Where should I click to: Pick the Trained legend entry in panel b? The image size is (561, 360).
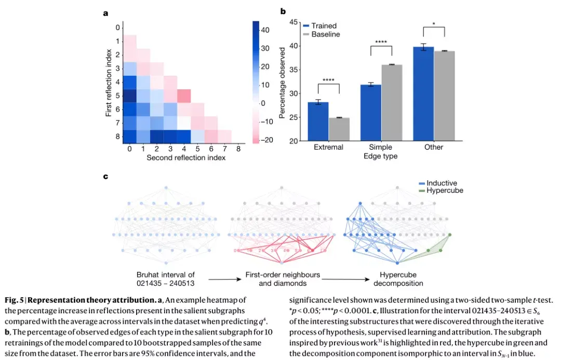(319, 26)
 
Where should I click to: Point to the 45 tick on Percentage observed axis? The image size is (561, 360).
(293, 22)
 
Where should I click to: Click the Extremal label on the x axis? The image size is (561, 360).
(328, 147)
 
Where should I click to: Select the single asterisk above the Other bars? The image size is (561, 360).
(434, 23)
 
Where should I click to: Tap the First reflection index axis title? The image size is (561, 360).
(109, 83)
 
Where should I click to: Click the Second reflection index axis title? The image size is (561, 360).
(186, 157)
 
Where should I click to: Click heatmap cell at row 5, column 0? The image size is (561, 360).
(130, 96)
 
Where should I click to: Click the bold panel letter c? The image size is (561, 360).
(106, 176)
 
